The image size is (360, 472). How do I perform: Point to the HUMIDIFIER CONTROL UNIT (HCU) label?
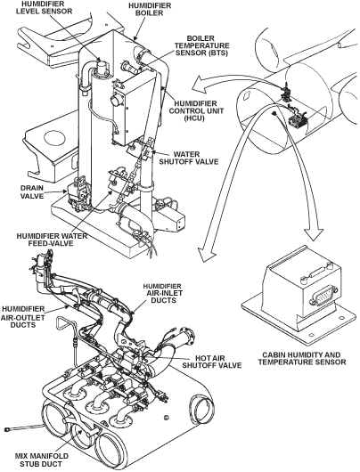click(196, 110)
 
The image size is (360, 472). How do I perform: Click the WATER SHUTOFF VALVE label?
click(189, 158)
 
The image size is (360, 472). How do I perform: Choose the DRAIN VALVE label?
click(32, 191)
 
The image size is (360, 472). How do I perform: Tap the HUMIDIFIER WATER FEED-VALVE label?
click(52, 240)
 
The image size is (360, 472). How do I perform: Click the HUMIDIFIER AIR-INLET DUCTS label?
click(162, 293)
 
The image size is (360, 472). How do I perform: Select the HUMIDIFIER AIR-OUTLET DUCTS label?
click(23, 317)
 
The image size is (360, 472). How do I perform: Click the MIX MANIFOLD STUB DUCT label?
click(42, 460)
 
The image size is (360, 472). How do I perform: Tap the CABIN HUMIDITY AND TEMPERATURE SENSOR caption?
click(302, 358)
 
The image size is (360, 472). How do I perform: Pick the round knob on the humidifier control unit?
click(116, 101)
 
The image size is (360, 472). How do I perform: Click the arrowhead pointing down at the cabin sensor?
click(314, 234)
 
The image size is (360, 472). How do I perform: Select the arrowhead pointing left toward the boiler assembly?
click(200, 84)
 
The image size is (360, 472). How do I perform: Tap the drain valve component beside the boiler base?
click(76, 191)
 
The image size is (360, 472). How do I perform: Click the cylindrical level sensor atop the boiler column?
click(101, 67)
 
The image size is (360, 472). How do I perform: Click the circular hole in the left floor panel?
click(54, 138)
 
